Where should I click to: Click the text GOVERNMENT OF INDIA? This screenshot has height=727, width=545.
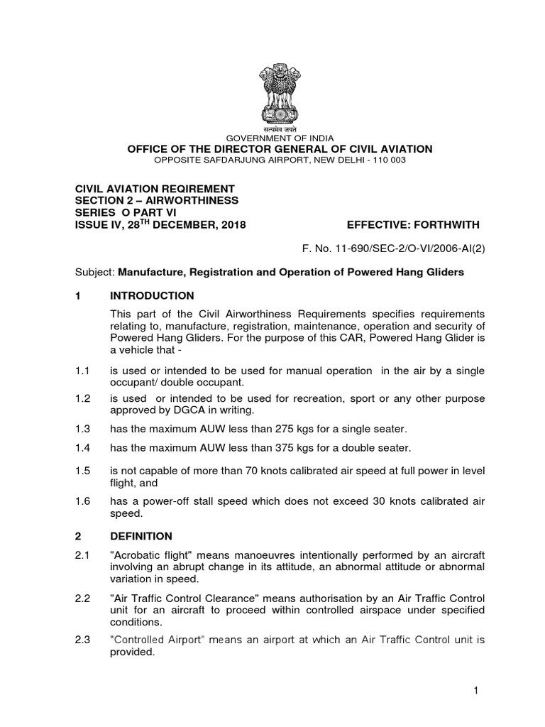(275, 138)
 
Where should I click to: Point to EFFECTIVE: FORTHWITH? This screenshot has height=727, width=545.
(413, 225)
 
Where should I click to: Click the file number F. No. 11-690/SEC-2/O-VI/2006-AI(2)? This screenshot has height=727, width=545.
(394, 249)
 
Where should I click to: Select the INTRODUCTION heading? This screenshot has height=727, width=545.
(152, 295)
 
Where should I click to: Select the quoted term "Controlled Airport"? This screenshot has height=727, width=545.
(157, 640)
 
